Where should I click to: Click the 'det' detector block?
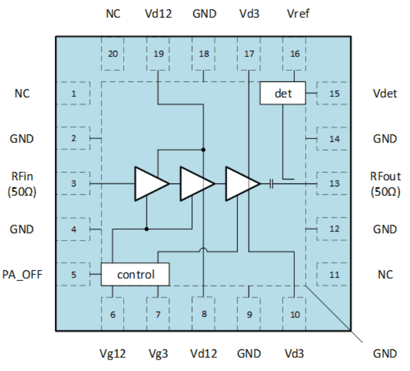click(x=283, y=93)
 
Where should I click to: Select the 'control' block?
click(x=135, y=275)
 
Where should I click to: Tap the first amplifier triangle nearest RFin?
click(x=150, y=184)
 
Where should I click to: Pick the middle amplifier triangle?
click(x=196, y=184)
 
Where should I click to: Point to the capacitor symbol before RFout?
click(x=272, y=184)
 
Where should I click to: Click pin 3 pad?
click(x=74, y=184)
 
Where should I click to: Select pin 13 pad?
click(x=334, y=184)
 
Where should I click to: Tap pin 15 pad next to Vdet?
click(x=334, y=93)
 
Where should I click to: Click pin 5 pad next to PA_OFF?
click(x=74, y=275)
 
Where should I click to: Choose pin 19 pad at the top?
click(x=159, y=54)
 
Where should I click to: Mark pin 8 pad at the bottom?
click(x=204, y=313)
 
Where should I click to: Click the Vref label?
click(x=298, y=13)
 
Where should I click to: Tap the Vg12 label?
click(x=113, y=354)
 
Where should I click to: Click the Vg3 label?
click(x=158, y=354)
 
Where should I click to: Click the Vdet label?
click(x=385, y=93)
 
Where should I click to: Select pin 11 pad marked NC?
click(x=334, y=275)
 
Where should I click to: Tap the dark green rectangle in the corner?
click(x=17, y=14)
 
